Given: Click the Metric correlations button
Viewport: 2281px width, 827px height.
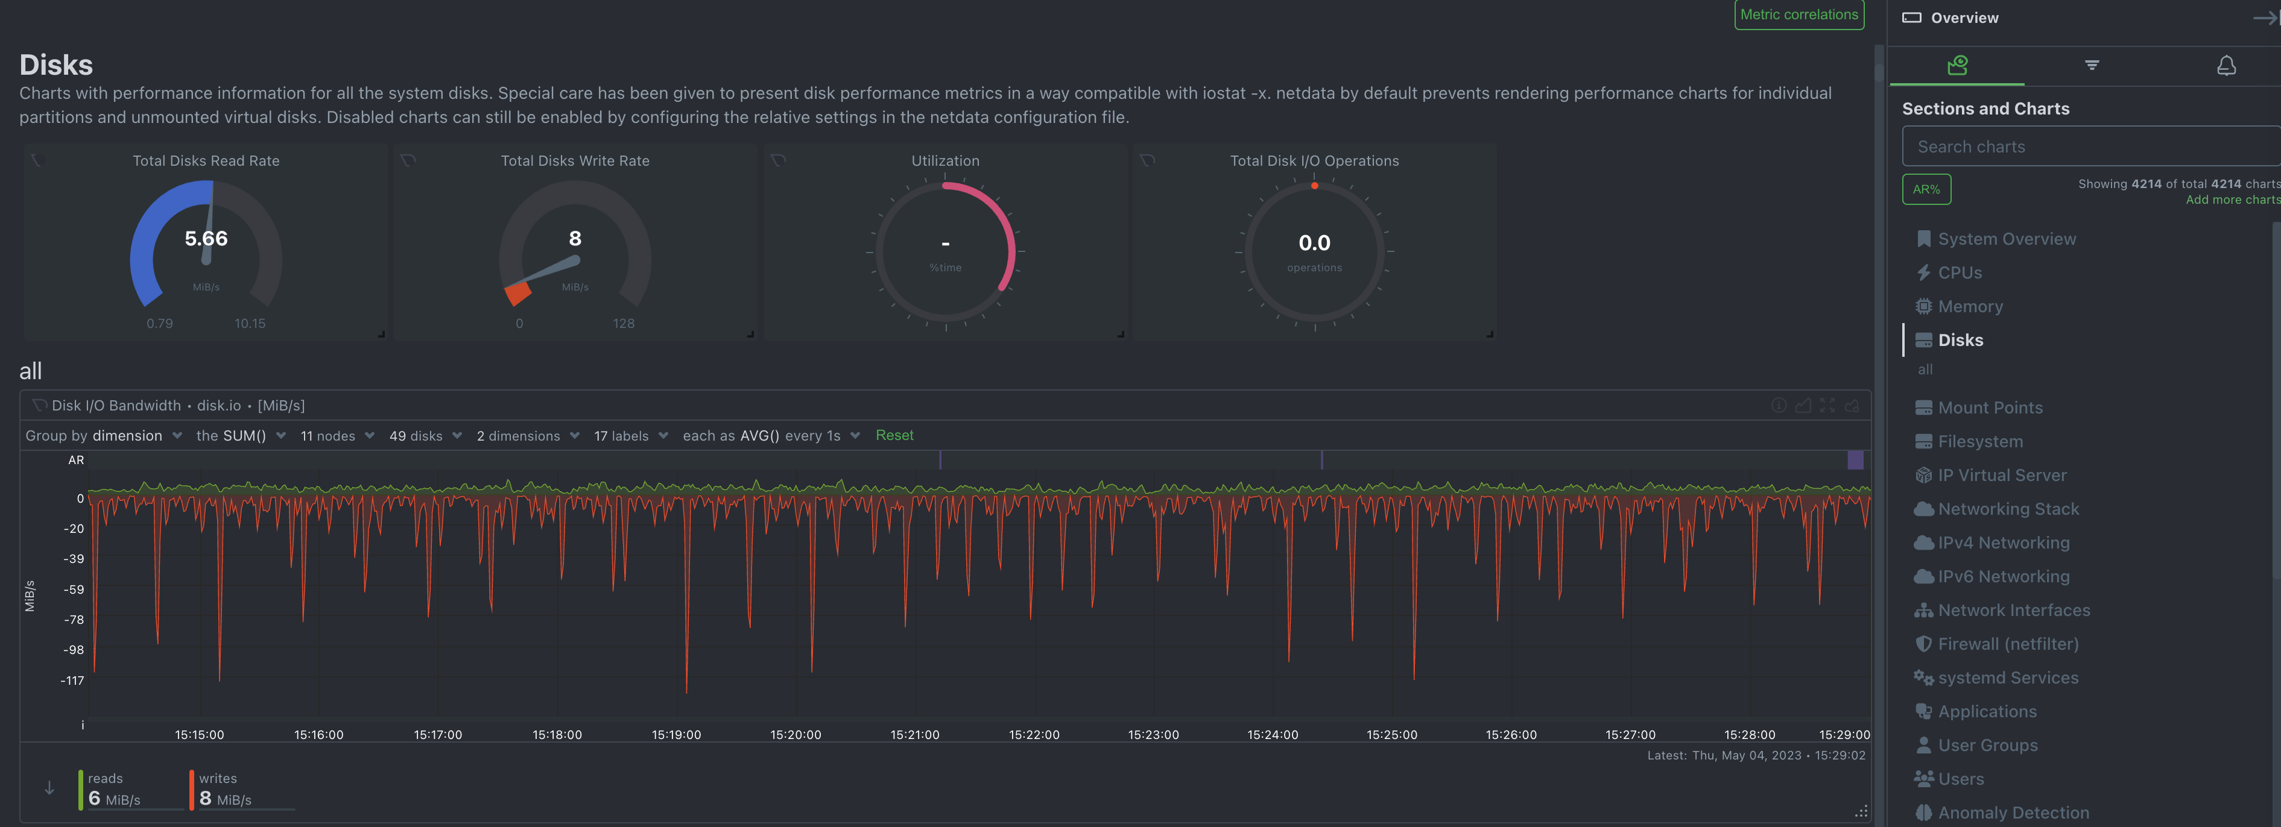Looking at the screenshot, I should coord(1799,15).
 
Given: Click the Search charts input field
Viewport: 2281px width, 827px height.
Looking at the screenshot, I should coord(2090,147).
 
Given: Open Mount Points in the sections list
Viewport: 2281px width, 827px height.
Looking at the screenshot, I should coord(1990,408).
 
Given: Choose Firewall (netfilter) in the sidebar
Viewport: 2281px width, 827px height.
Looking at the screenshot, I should coord(2007,644).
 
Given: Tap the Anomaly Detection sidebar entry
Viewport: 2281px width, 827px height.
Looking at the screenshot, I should coord(2013,813).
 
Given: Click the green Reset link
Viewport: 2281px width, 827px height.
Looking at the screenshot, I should coord(894,436).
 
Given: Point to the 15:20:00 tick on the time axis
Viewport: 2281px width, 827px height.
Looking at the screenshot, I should coord(795,735).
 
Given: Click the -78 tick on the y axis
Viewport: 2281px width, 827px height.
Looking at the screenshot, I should coord(74,620).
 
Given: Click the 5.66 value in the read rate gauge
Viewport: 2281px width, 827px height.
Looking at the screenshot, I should coord(206,239).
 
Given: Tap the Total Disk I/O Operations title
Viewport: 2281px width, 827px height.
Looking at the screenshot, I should coord(1314,161).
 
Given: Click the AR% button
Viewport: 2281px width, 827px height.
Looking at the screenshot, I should coord(1926,189).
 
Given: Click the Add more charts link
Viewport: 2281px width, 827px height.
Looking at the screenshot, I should coord(2232,200).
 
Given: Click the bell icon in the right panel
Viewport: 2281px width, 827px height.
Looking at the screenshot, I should coord(2226,66).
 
